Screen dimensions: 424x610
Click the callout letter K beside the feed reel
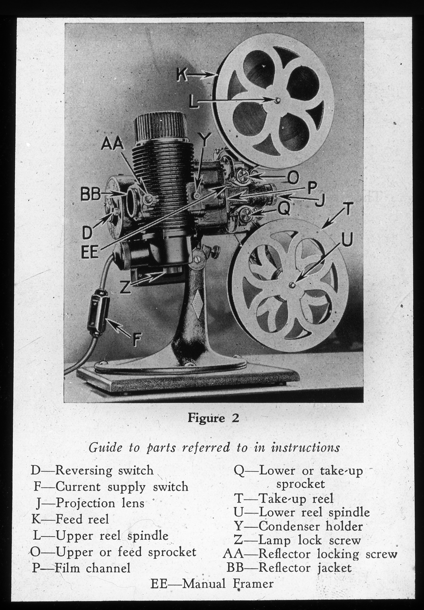pyautogui.click(x=182, y=75)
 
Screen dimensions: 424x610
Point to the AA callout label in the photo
pyautogui.click(x=112, y=143)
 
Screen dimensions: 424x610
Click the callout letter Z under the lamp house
pyautogui.click(x=125, y=287)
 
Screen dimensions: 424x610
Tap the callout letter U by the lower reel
pyautogui.click(x=347, y=239)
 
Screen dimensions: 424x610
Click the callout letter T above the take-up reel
pyautogui.click(x=347, y=209)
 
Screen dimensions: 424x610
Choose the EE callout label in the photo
pyautogui.click(x=89, y=252)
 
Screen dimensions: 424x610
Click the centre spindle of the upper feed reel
pyautogui.click(x=278, y=101)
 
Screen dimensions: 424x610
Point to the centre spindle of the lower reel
pyautogui.click(x=292, y=285)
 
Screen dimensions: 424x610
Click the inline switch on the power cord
pyautogui.click(x=98, y=313)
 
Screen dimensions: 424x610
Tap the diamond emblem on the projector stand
pyautogui.click(x=197, y=303)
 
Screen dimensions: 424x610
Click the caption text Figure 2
pyautogui.click(x=213, y=418)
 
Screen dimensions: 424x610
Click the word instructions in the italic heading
pyautogui.click(x=305, y=448)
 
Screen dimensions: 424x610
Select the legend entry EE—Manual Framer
pyautogui.click(x=212, y=584)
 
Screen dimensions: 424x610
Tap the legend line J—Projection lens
pyautogui.click(x=90, y=503)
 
